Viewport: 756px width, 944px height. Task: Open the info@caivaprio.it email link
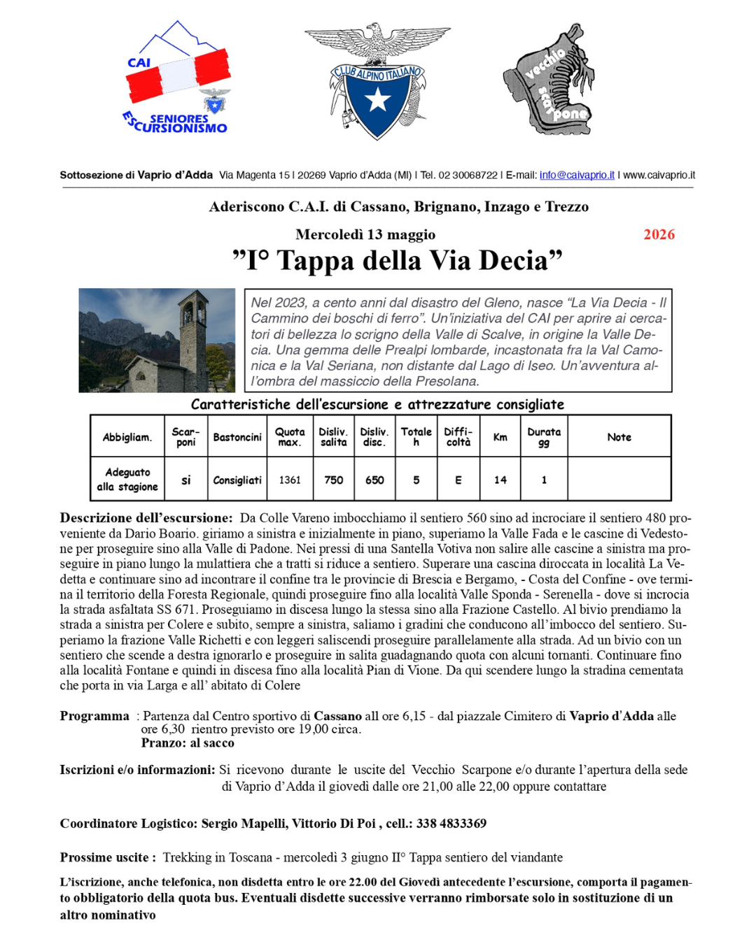[577, 175]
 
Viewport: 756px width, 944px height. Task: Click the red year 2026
[659, 234]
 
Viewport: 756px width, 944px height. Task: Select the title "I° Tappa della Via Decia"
[397, 261]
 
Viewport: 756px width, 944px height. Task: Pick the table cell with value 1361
[289, 480]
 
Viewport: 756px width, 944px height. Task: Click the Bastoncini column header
[237, 437]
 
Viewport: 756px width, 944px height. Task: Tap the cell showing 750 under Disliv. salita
[333, 480]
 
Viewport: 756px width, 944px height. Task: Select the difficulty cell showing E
[458, 480]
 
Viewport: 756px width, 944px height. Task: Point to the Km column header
[500, 437]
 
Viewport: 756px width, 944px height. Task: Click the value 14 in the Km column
[500, 480]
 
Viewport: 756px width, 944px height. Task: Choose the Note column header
[619, 437]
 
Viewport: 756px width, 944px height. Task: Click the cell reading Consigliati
[237, 480]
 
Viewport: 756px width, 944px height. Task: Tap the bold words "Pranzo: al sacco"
[188, 743]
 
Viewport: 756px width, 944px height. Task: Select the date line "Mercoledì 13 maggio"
[365, 234]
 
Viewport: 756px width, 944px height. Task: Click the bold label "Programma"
[94, 716]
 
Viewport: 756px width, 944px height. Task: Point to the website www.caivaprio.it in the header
[659, 175]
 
